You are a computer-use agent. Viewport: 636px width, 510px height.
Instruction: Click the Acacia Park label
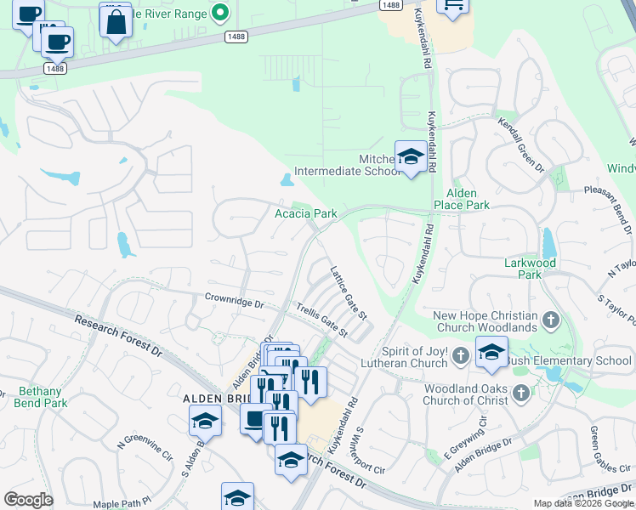[x=305, y=213]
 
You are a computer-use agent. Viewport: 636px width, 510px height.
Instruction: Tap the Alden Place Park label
[x=461, y=199]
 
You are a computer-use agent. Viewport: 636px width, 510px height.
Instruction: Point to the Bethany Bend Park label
[x=40, y=397]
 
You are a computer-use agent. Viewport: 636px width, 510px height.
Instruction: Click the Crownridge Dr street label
[x=235, y=299]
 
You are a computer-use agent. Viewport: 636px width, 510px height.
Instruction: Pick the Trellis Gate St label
[x=321, y=318]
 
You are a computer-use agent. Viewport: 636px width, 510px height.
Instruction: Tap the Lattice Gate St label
[x=348, y=292]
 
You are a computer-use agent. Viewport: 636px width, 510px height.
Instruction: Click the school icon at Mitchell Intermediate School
[x=410, y=157]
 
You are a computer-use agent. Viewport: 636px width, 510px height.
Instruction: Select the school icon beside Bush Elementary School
[x=491, y=352]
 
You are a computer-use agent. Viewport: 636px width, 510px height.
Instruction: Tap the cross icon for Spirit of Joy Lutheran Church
[x=460, y=354]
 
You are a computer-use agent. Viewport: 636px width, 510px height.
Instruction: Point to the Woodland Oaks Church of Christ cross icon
[x=520, y=392]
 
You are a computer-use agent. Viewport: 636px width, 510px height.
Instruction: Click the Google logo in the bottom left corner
[x=28, y=500]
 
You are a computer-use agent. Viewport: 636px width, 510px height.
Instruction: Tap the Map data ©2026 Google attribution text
[x=582, y=503]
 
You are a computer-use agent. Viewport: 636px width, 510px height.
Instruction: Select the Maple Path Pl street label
[x=121, y=504]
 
